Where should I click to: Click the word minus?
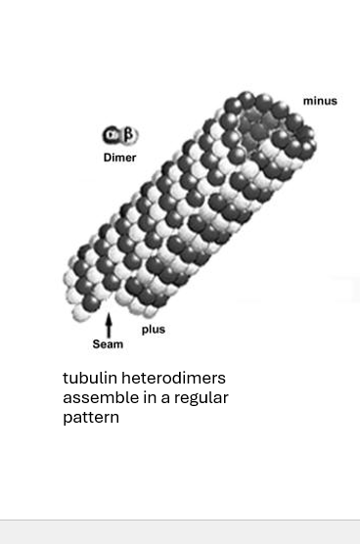tap(320, 101)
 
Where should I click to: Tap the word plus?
tap(154, 330)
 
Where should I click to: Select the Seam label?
tap(108, 344)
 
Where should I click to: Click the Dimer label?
tap(119, 158)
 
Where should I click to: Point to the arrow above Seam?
tap(109, 325)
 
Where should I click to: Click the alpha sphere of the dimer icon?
tap(112, 136)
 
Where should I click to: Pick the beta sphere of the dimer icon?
tap(128, 135)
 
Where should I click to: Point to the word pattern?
tap(91, 418)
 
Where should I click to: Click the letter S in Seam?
tap(96, 344)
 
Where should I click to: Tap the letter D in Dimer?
tap(107, 158)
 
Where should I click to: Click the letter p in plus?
tap(145, 331)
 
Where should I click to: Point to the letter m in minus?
tap(307, 101)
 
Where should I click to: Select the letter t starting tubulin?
tap(66, 378)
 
